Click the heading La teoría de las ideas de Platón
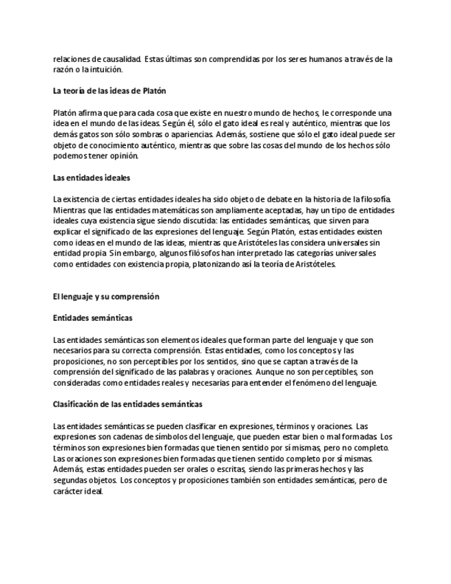(109, 91)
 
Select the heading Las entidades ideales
(92, 177)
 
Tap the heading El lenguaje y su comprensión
(106, 296)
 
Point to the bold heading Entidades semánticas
(93, 317)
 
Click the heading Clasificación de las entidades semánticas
(127, 404)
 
